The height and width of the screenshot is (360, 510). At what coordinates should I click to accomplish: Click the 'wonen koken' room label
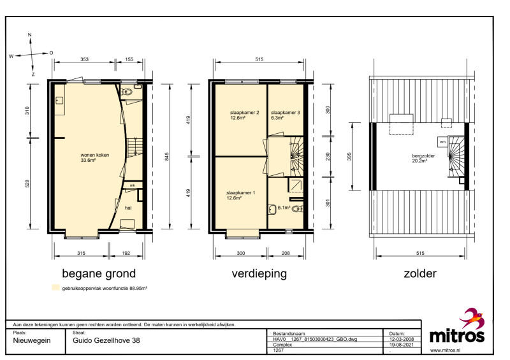click(x=94, y=155)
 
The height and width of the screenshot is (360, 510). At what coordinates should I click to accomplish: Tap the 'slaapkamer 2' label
click(x=245, y=113)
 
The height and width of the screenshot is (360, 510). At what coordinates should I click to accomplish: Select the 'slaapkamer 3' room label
click(x=286, y=113)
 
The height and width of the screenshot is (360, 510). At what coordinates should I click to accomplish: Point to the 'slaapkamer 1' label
click(x=241, y=193)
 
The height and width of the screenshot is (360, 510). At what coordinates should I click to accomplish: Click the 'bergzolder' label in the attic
click(x=423, y=155)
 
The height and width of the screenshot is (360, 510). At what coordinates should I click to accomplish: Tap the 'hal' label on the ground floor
click(x=128, y=208)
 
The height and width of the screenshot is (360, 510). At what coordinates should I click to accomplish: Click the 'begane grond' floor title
click(x=99, y=274)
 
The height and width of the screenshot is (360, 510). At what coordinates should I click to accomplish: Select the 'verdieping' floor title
click(x=259, y=274)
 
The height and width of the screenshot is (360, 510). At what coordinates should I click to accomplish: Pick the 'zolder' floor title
click(x=420, y=273)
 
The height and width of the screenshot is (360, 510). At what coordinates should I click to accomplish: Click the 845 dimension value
click(x=167, y=156)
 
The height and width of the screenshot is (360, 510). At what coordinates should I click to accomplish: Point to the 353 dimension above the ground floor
click(x=84, y=59)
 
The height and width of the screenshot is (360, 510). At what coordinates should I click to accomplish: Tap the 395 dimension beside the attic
click(x=349, y=156)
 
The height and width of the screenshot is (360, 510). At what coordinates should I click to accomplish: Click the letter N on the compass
click(x=30, y=35)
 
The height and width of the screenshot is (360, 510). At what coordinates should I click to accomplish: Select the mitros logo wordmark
click(x=457, y=335)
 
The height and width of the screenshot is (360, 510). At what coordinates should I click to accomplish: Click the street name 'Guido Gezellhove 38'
click(x=106, y=340)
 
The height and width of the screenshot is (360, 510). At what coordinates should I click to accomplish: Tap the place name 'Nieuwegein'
click(x=32, y=341)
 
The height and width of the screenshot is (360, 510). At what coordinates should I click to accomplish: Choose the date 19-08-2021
click(x=402, y=345)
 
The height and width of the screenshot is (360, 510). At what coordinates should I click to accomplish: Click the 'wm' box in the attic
click(x=442, y=142)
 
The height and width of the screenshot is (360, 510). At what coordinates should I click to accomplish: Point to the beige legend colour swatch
click(x=56, y=287)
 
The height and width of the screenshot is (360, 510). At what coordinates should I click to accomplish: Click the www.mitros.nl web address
click(x=445, y=350)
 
